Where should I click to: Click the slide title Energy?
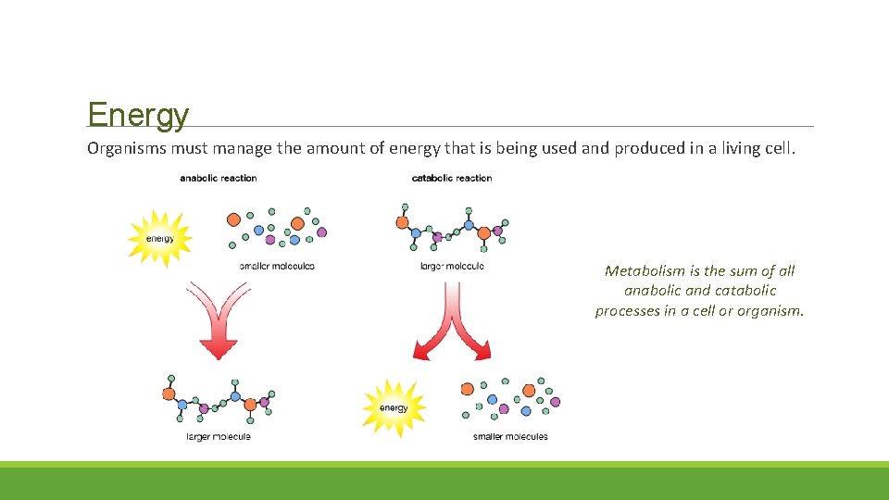(138, 116)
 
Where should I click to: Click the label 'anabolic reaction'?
(218, 178)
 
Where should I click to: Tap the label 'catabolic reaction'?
(452, 178)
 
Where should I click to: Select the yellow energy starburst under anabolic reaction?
(159, 239)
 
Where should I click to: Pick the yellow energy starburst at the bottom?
(394, 408)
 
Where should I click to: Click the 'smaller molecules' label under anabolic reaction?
(277, 266)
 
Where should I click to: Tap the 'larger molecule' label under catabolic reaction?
(452, 266)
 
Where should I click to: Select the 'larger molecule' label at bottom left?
(219, 436)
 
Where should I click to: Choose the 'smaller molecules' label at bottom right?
(510, 436)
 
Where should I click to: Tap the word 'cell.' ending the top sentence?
(778, 148)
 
